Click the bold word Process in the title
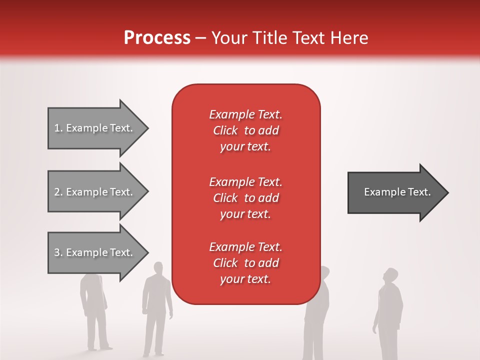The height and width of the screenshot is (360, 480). pyautogui.click(x=157, y=38)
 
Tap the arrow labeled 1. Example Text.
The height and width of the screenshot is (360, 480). pyautogui.click(x=95, y=128)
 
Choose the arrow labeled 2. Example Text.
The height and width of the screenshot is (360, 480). pyautogui.click(x=95, y=192)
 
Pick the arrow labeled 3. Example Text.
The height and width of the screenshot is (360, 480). pyautogui.click(x=95, y=252)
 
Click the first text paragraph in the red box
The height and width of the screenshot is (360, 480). pyautogui.click(x=245, y=130)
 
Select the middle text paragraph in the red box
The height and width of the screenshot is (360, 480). pyautogui.click(x=245, y=198)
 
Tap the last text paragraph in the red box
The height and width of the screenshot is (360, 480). pyautogui.click(x=245, y=263)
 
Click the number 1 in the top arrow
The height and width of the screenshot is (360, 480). pyautogui.click(x=57, y=128)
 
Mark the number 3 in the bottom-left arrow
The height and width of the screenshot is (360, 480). pyautogui.click(x=57, y=252)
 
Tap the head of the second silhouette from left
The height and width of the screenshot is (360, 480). pyautogui.click(x=158, y=268)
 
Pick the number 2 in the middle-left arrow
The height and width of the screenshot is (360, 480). pyautogui.click(x=57, y=192)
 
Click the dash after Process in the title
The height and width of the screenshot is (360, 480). pyautogui.click(x=201, y=38)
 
